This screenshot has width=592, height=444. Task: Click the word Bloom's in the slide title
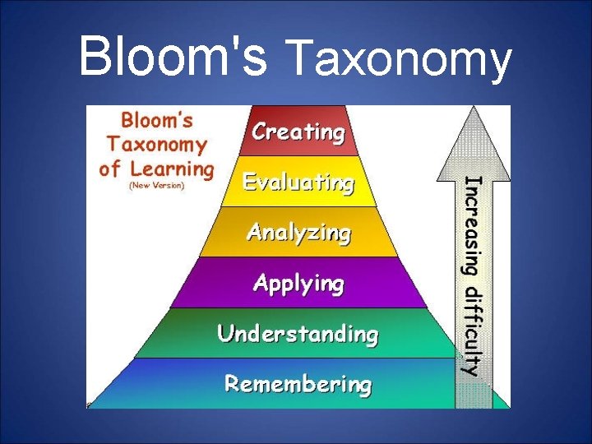tap(173, 57)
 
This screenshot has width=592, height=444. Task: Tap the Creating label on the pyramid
tap(298, 132)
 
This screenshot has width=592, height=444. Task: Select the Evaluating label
tap(298, 183)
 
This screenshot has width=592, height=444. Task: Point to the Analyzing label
tap(298, 233)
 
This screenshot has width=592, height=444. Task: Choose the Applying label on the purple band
tap(298, 284)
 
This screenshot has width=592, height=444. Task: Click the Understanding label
tap(298, 334)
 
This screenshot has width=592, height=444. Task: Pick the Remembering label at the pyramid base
tap(298, 384)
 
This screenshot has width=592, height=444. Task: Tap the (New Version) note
tap(157, 186)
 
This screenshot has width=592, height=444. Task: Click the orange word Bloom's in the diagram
tap(156, 121)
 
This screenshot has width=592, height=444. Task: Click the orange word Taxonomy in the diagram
tap(156, 146)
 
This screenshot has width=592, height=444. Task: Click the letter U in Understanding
tap(224, 334)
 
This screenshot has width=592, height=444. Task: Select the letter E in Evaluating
tap(249, 182)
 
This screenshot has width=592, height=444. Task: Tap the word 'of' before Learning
tap(110, 169)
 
